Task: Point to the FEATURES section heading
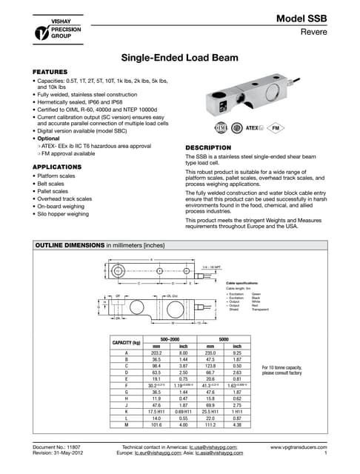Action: click(50, 73)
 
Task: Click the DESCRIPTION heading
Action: click(210, 147)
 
